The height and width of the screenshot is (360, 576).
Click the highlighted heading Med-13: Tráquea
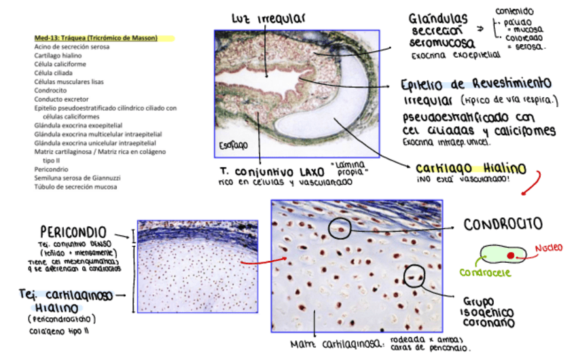tap(96, 38)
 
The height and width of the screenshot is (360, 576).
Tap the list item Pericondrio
tap(52, 169)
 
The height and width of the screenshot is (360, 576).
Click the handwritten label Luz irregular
tap(268, 18)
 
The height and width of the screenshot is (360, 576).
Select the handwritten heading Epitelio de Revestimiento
tap(475, 84)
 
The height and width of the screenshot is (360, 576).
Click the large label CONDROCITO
tap(503, 223)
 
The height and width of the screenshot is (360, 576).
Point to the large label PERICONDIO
tap(75, 231)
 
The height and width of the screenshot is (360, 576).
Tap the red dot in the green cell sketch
tap(510, 255)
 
